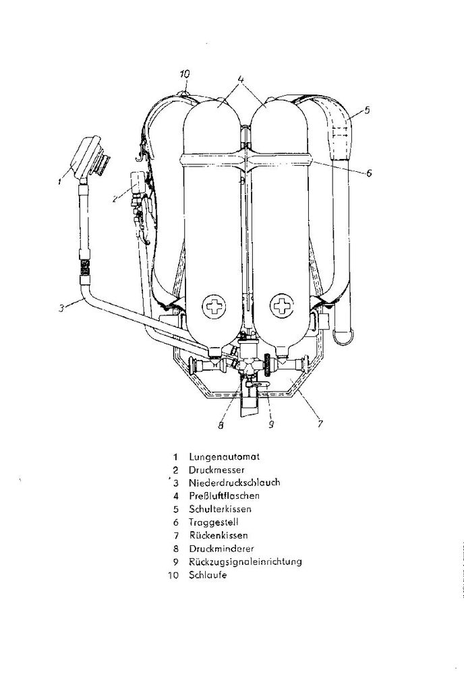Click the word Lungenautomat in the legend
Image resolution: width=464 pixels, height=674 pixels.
[224, 457]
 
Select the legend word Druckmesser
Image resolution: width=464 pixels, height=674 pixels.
[216, 470]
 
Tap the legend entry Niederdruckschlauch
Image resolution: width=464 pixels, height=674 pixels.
[235, 483]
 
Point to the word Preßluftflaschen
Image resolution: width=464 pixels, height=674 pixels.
[224, 495]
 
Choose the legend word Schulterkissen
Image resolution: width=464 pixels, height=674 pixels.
[220, 509]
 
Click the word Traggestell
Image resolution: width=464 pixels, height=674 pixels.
[213, 522]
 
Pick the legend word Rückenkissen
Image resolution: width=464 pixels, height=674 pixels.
[219, 535]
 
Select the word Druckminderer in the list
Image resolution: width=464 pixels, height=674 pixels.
[221, 549]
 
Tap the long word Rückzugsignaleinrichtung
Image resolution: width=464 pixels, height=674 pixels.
[245, 562]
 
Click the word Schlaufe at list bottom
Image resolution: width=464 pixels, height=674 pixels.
[208, 575]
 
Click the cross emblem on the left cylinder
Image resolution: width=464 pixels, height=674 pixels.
[214, 307]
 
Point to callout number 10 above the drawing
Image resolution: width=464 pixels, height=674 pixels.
[184, 74]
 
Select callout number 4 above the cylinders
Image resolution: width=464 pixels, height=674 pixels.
[241, 79]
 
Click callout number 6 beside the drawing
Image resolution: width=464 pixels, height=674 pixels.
[368, 173]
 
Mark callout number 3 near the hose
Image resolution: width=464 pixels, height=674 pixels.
[61, 308]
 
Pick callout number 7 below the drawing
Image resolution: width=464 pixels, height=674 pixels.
[320, 424]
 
